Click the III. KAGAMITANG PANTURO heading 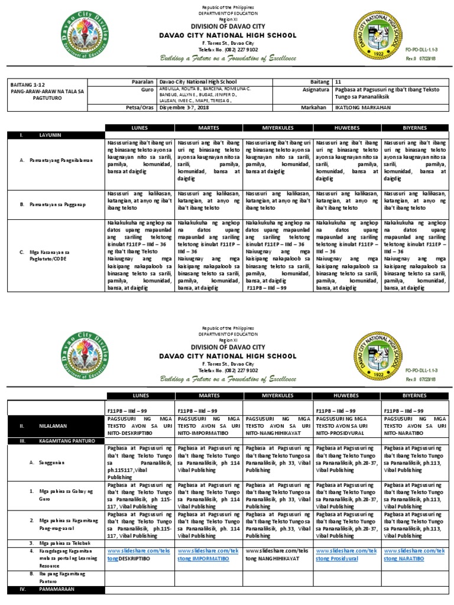[x=48, y=440]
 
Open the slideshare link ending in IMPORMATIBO [x=209, y=554]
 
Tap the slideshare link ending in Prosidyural [x=346, y=554]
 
